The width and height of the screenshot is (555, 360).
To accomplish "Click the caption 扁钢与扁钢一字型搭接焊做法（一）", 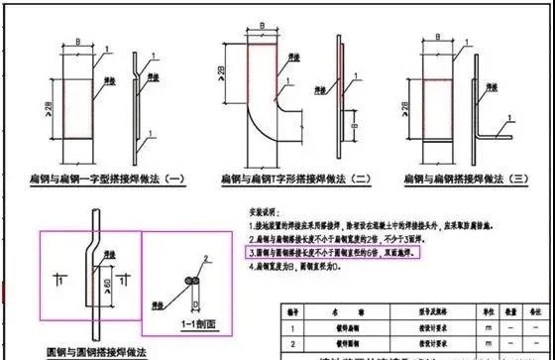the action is [102, 180].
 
